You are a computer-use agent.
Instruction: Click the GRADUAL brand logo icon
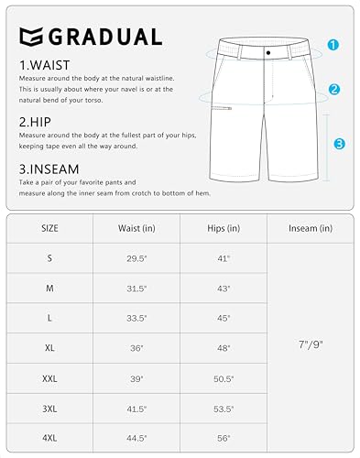pyautogui.click(x=30, y=37)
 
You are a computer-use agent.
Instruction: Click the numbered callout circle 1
pyautogui.click(x=333, y=44)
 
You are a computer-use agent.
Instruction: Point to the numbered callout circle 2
pyautogui.click(x=334, y=90)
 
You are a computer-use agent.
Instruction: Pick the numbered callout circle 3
pyautogui.click(x=339, y=143)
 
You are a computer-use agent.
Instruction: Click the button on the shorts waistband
pyautogui.click(x=267, y=53)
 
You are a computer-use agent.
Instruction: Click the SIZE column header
pyautogui.click(x=49, y=228)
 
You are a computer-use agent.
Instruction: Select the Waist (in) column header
pyautogui.click(x=136, y=228)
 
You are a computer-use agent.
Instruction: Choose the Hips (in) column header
pyautogui.click(x=221, y=228)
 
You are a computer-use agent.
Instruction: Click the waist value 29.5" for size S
pyautogui.click(x=136, y=259)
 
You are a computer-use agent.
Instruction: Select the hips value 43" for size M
pyautogui.click(x=222, y=289)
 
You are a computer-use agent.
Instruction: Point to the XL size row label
pyautogui.click(x=49, y=348)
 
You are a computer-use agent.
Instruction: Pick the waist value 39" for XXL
pyautogui.click(x=136, y=378)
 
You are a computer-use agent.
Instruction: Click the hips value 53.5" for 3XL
pyautogui.click(x=222, y=409)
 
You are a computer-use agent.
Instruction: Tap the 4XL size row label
pyautogui.click(x=49, y=438)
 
